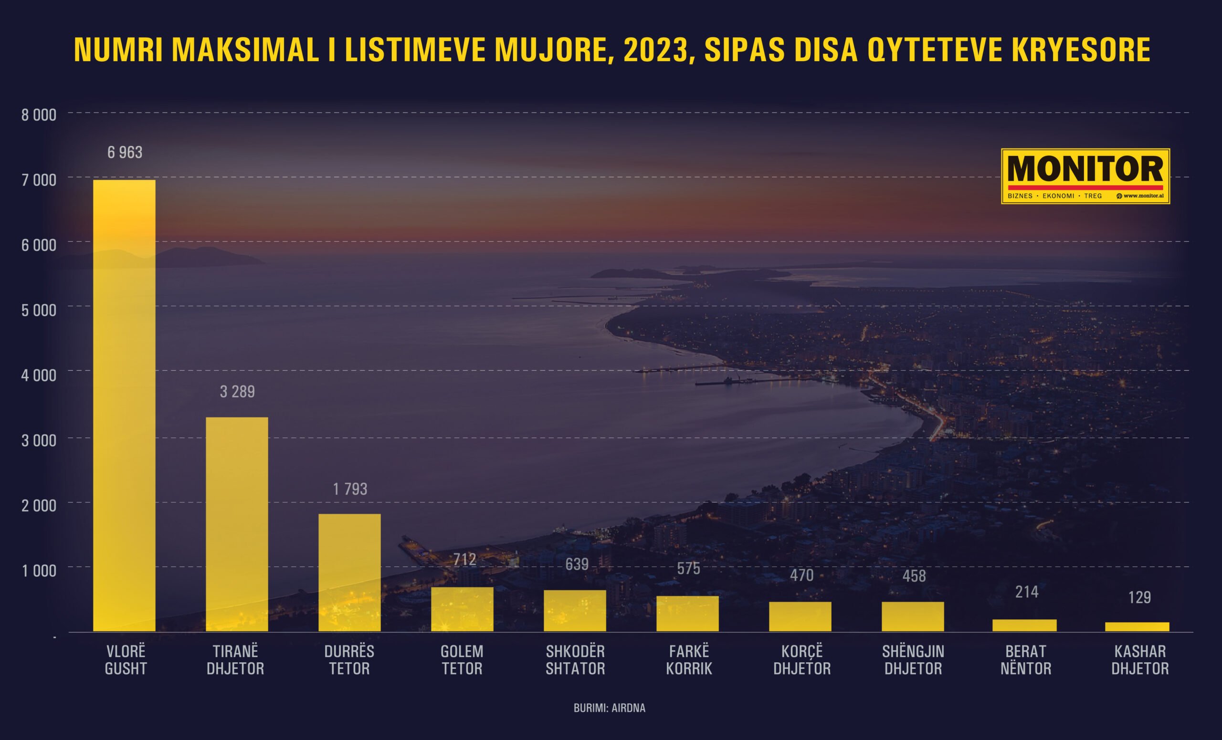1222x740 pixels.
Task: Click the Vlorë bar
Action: [124, 406]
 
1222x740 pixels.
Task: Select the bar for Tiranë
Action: [237, 524]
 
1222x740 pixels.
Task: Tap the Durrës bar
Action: [349, 573]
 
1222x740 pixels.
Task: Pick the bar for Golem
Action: [462, 609]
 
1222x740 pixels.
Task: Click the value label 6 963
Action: [125, 152]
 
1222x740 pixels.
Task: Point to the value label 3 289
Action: [237, 392]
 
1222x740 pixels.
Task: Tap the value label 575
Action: [688, 569]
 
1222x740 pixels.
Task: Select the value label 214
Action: [1027, 592]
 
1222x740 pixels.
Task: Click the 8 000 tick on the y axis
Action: [39, 115]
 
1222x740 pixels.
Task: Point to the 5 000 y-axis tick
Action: [39, 310]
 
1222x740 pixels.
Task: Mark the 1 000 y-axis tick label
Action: [39, 571]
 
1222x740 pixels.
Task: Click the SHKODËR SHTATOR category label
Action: [575, 660]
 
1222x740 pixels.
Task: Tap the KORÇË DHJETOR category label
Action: [801, 660]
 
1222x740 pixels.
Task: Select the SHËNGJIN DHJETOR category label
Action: [913, 660]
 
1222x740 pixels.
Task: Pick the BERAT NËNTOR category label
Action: [1026, 660]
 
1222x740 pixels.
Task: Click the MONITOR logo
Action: [1085, 176]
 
